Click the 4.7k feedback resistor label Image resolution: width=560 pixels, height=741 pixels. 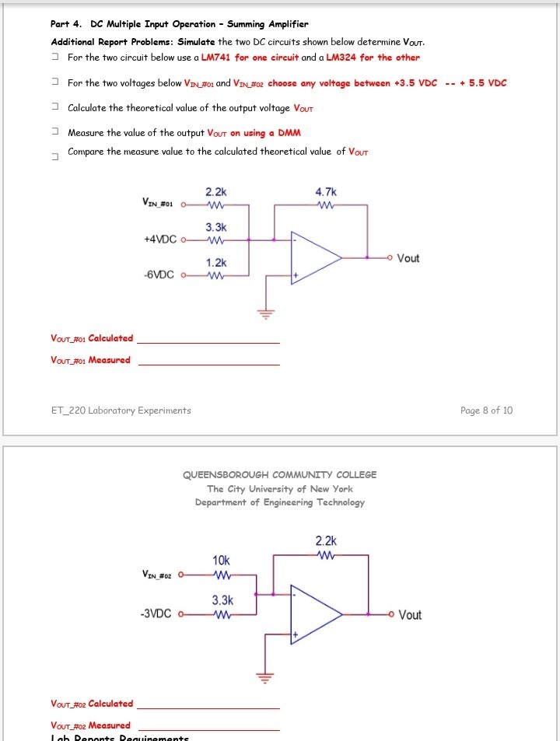tap(327, 190)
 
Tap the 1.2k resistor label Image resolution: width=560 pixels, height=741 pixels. tap(216, 263)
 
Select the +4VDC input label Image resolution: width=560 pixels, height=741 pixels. tap(160, 239)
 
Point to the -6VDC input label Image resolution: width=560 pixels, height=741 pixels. tap(159, 274)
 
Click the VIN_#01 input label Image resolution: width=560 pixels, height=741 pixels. tap(157, 204)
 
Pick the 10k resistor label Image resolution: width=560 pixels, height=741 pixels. tap(221, 560)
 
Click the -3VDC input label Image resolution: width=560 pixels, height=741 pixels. tap(156, 614)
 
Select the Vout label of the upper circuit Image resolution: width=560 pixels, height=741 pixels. tap(408, 258)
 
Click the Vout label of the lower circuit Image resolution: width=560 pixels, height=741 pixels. tap(410, 614)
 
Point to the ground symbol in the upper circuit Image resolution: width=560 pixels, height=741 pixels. tap(267, 315)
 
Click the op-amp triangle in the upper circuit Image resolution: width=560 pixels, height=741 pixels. tap(313, 257)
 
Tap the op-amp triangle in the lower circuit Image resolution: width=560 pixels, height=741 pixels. tap(313, 614)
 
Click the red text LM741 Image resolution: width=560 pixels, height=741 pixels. tap(217, 58)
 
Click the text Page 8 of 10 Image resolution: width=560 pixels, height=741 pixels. tap(486, 411)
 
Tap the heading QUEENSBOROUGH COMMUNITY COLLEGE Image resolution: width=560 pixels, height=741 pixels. tap(279, 474)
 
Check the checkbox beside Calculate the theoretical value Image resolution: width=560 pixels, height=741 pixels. tap(55, 108)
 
